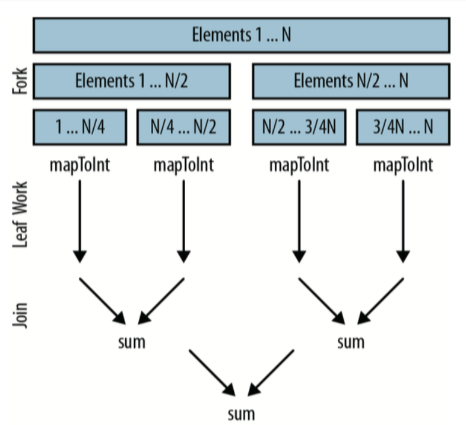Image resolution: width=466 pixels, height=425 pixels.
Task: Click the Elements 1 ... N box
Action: [241, 35]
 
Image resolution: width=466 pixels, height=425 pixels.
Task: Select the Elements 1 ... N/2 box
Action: [131, 81]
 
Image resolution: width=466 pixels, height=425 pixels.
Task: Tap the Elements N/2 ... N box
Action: [351, 81]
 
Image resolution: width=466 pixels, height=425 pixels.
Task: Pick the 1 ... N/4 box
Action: [80, 127]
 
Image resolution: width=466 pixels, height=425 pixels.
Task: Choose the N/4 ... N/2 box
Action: [183, 127]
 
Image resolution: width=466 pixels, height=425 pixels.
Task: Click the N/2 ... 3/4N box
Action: [299, 127]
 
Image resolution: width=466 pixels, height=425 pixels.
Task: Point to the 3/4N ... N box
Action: [403, 127]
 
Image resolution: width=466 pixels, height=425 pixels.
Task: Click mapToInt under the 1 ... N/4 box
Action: [80, 165]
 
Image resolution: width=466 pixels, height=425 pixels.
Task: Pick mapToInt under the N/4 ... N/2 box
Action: [183, 165]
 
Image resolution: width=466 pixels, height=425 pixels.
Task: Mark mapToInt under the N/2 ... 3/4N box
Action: [299, 165]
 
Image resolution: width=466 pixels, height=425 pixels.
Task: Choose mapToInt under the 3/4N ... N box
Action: [403, 165]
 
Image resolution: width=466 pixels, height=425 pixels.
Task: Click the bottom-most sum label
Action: [241, 413]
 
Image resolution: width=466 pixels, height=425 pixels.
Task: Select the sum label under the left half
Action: [131, 342]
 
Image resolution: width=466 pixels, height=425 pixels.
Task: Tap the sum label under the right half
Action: [351, 342]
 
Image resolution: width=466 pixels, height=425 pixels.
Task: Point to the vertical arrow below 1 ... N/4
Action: [80, 220]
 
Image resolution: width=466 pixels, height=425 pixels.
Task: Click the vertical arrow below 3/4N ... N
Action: [403, 220]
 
